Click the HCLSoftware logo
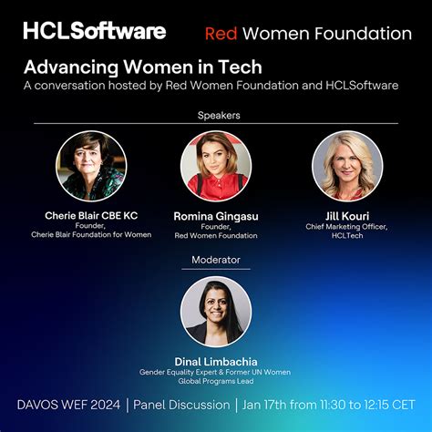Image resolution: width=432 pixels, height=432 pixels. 94,31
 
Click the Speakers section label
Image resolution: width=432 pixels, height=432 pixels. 215,115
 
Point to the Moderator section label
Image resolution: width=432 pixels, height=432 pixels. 215,260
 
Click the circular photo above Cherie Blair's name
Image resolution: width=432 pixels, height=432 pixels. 91,166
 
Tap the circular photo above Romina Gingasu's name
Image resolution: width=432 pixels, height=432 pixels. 215,166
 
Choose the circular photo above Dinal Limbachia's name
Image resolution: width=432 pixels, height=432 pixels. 215,311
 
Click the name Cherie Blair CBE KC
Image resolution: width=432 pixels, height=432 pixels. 91,215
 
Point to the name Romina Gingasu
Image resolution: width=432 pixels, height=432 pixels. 215,216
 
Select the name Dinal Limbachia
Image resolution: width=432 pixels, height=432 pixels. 215,361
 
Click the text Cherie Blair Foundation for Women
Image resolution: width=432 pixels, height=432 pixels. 91,234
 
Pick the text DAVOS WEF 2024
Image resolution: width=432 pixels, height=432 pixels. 66,404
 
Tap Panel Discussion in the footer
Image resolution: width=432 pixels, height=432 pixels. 182,404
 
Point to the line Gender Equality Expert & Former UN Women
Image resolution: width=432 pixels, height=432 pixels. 215,372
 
